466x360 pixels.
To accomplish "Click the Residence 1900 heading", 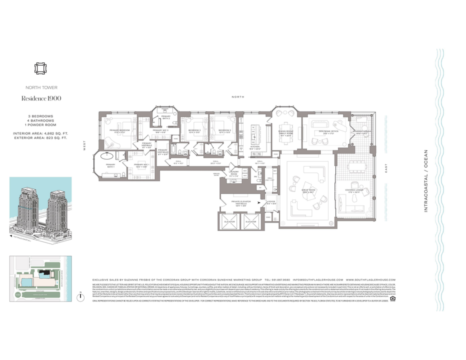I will point(41,98).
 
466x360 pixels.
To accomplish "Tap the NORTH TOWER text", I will point(41,86).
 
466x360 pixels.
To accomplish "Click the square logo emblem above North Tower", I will point(41,68).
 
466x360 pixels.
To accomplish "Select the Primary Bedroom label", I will point(119,131).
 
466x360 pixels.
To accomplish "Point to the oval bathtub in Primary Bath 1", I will point(107,156).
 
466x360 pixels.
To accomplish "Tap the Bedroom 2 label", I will point(223,131).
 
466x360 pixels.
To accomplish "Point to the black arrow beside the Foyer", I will point(259,202).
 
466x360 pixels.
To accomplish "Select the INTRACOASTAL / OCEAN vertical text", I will point(426,180).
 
